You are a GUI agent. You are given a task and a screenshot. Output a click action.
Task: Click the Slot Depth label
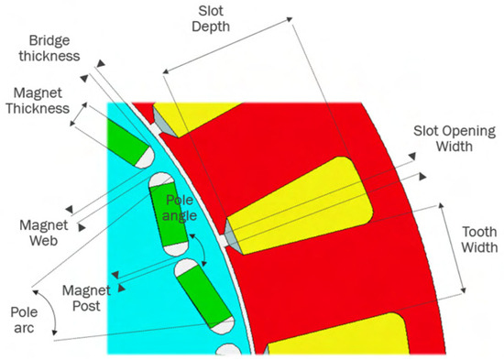click(211, 19)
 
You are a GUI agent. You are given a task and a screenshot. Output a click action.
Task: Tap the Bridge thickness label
click(49, 49)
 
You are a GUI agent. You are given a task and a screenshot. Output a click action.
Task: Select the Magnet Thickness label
click(38, 101)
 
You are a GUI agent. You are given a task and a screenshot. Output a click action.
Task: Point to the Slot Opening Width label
click(455, 138)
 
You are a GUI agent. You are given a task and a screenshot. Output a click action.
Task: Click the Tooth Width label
click(479, 239)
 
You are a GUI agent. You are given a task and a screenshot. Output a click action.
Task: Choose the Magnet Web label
click(44, 233)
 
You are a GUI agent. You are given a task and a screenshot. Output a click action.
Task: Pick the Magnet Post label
click(86, 298)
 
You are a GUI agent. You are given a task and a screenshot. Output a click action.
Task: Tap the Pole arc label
click(24, 320)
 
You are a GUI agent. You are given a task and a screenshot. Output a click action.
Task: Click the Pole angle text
click(180, 208)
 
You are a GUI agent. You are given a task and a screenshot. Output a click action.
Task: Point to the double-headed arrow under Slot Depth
click(228, 45)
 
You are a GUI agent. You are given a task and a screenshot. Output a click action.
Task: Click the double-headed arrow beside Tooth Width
click(452, 248)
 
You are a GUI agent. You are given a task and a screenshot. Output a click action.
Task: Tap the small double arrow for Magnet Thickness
click(79, 115)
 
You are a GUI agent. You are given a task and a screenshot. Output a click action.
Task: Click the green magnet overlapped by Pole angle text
click(169, 214)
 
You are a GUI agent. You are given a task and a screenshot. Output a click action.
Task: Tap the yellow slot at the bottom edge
click(337, 334)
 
